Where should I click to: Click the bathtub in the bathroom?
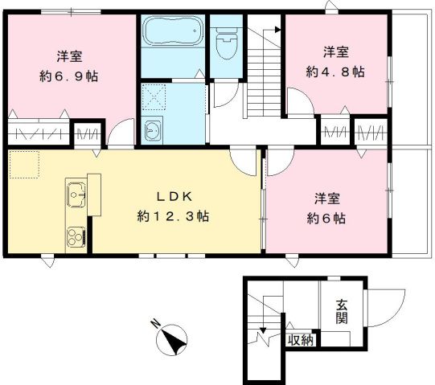172,31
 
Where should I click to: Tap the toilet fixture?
227,43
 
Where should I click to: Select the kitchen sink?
76,195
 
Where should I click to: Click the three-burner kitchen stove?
76,236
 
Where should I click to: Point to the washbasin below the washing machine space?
152,130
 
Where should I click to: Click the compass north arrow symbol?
171,339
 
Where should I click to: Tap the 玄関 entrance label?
342,311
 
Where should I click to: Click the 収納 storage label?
301,340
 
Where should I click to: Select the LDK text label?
174,197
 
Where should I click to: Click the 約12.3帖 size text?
173,216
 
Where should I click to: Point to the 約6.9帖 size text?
69,76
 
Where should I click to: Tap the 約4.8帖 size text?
335,72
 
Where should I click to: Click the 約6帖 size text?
326,219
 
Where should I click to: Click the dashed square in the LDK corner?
24,165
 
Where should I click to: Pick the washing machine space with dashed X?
154,97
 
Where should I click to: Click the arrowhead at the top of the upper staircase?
277,30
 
